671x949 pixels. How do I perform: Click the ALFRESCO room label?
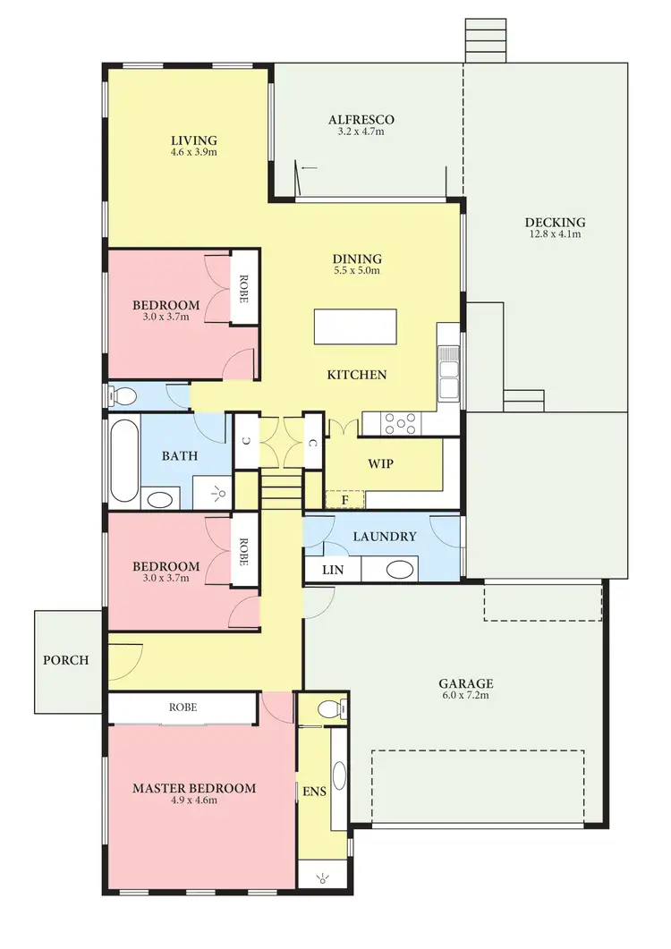pos(361,120)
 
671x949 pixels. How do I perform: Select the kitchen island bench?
pos(355,326)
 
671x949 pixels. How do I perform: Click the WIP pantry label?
pos(380,465)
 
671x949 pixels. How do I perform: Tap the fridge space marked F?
pos(344,500)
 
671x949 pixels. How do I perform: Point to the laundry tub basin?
pos(400,570)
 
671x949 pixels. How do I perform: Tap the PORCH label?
pos(66,661)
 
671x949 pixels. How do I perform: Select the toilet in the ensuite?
pos(329,710)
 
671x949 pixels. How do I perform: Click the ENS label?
pos(313,792)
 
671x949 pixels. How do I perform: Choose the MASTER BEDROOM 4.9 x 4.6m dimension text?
pos(194,801)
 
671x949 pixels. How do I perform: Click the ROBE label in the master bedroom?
pos(183,708)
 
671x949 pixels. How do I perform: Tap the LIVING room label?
pos(194,140)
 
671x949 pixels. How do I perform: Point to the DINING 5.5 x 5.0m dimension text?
pos(357,271)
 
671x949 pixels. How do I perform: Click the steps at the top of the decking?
pos(485,41)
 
